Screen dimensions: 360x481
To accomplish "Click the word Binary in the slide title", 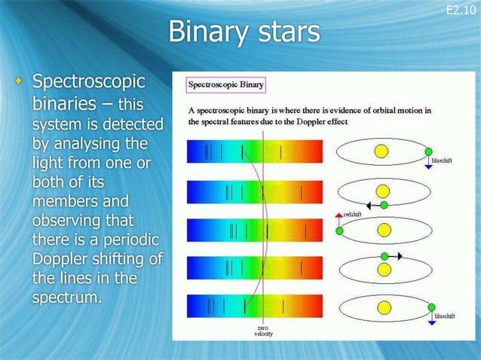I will pyautogui.click(x=202, y=32).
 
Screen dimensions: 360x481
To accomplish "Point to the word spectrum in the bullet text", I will pyautogui.click(x=66, y=297).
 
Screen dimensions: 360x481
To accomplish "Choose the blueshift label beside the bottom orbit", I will pyautogui.click(x=444, y=317).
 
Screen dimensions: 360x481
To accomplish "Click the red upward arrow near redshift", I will pyautogui.click(x=338, y=216).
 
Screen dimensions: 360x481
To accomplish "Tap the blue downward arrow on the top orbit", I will pyautogui.click(x=428, y=165).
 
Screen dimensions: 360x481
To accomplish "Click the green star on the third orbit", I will pyautogui.click(x=339, y=230).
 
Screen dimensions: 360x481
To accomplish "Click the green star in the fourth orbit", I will pyautogui.click(x=384, y=257).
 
